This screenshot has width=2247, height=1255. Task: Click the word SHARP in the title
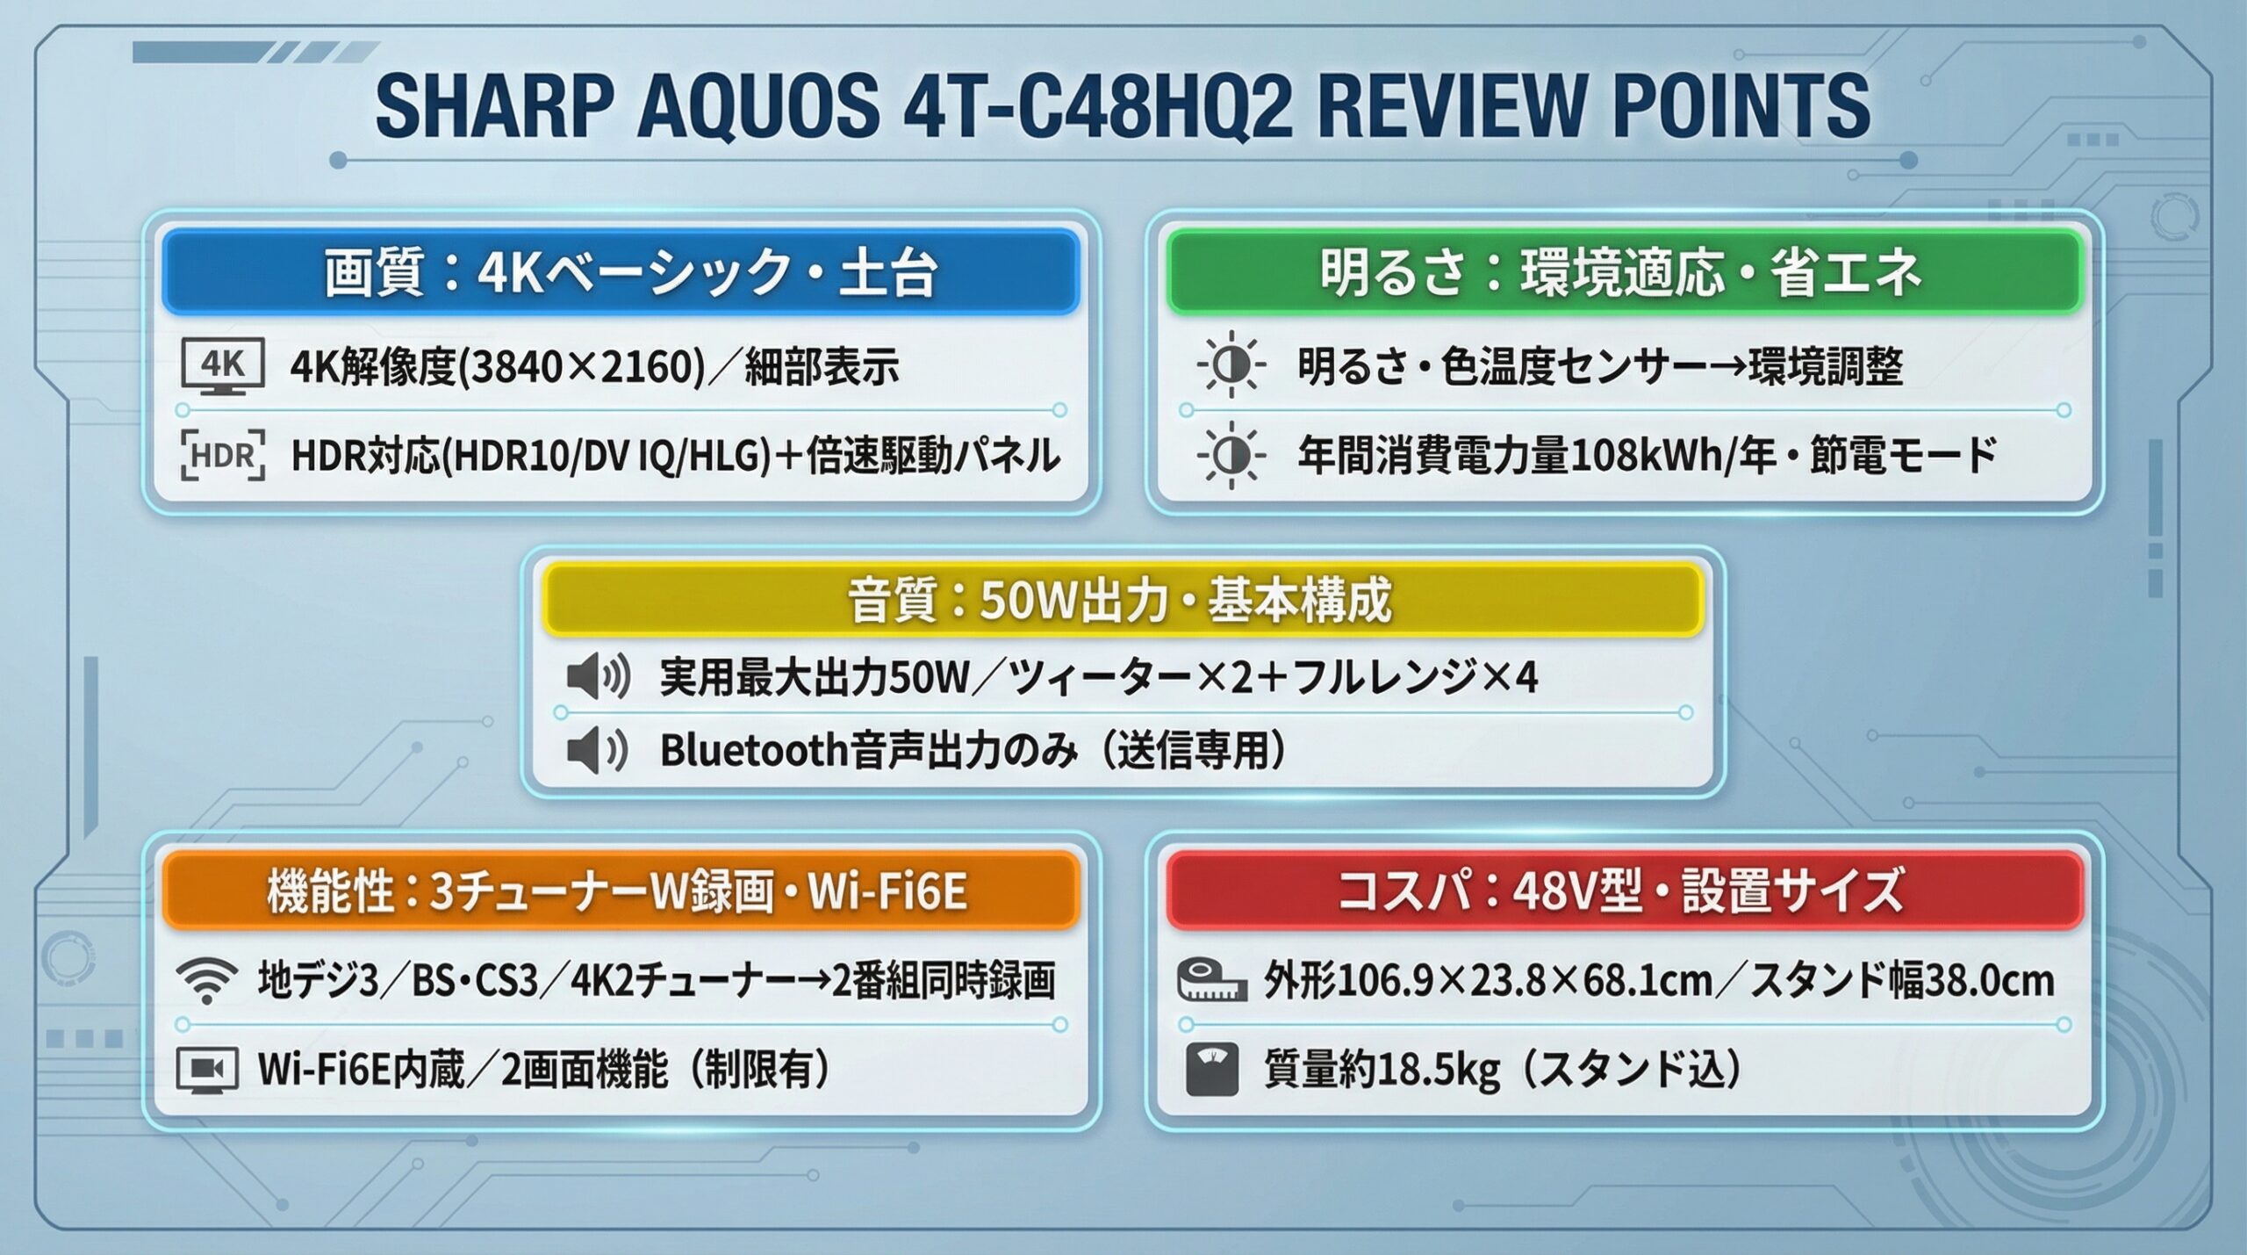[495, 106]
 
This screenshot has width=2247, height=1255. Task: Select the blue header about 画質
[621, 271]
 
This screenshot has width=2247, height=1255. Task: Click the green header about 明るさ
[1625, 271]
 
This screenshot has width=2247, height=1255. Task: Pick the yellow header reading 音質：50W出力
[1123, 600]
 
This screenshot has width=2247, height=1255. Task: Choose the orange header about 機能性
[621, 890]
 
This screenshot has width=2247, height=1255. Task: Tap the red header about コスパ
[1625, 890]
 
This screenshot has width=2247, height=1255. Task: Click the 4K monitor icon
[222, 367]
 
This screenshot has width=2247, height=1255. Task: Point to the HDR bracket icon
[222, 456]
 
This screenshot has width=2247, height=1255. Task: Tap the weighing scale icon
[1211, 1069]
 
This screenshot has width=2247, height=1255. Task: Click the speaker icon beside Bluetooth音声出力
[598, 752]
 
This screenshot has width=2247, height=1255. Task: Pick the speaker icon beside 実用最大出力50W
[598, 677]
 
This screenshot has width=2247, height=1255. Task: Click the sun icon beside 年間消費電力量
[1231, 456]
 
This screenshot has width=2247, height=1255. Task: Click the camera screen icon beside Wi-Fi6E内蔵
[207, 1069]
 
